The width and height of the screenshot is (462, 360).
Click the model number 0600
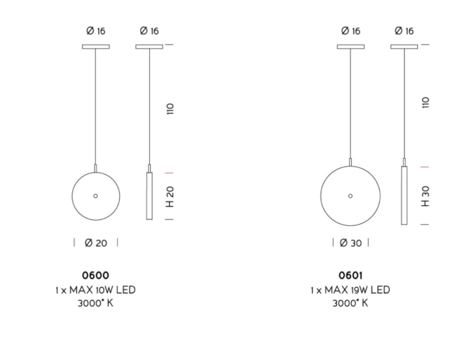pyautogui.click(x=96, y=275)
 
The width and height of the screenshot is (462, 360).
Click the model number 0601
pyautogui.click(x=350, y=275)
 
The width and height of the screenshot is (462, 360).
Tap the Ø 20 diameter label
pyautogui.click(x=96, y=243)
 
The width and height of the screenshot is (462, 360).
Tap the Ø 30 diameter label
pyautogui.click(x=350, y=243)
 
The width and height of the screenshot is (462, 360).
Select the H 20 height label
pyautogui.click(x=170, y=197)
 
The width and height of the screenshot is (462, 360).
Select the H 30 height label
pyautogui.click(x=425, y=196)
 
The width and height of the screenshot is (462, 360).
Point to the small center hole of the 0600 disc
pyautogui.click(x=96, y=196)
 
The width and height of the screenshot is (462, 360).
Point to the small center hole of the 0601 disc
pyautogui.click(x=350, y=196)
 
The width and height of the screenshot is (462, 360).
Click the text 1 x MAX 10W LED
pyautogui.click(x=96, y=290)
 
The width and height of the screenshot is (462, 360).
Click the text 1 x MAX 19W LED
pyautogui.click(x=350, y=290)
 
